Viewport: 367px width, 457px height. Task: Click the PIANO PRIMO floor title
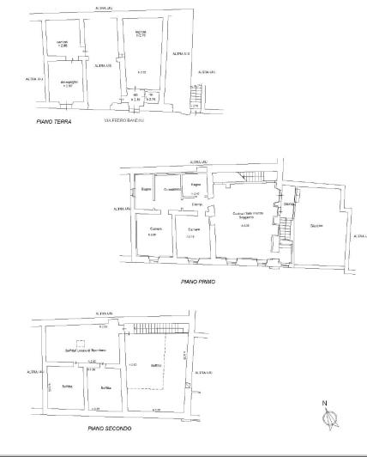pyautogui.click(x=198, y=281)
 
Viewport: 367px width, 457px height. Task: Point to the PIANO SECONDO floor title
pyautogui.click(x=108, y=427)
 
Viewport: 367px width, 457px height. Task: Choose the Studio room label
pyautogui.click(x=316, y=226)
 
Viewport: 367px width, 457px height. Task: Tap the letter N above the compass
pyautogui.click(x=325, y=403)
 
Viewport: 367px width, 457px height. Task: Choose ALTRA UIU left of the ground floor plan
pyautogui.click(x=34, y=78)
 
